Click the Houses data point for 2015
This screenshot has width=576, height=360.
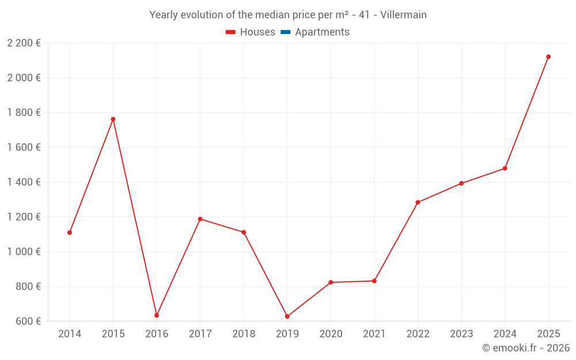tap(113, 119)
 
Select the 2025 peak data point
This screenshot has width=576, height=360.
tap(548, 56)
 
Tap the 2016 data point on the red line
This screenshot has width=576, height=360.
tap(157, 315)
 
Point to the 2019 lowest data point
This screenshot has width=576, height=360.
tap(287, 316)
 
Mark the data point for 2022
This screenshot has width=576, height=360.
tap(418, 202)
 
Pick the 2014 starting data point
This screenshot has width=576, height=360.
tap(70, 233)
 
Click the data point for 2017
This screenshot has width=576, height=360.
tap(200, 219)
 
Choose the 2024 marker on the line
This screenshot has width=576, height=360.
tap(505, 168)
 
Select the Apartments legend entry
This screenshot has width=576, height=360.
tap(322, 32)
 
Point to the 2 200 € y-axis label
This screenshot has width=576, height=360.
tap(24, 43)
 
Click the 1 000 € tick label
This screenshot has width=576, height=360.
tap(24, 252)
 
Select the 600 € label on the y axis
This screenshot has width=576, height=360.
tap(27, 321)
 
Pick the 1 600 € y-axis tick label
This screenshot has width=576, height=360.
tap(24, 147)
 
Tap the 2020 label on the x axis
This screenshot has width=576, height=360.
tap(331, 334)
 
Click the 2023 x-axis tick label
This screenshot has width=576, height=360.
tap(461, 334)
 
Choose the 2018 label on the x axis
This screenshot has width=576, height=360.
tap(244, 334)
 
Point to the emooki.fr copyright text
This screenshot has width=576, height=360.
tap(525, 348)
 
